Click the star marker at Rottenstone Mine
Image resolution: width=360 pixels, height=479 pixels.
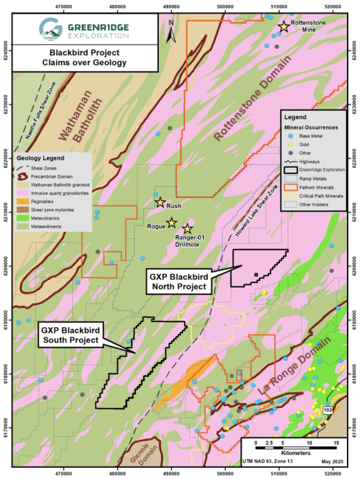click(283, 27)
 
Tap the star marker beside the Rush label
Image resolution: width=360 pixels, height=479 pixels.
click(160, 202)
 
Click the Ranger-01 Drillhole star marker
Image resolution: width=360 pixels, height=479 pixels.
click(187, 228)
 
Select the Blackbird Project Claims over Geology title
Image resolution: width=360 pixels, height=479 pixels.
click(84, 57)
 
